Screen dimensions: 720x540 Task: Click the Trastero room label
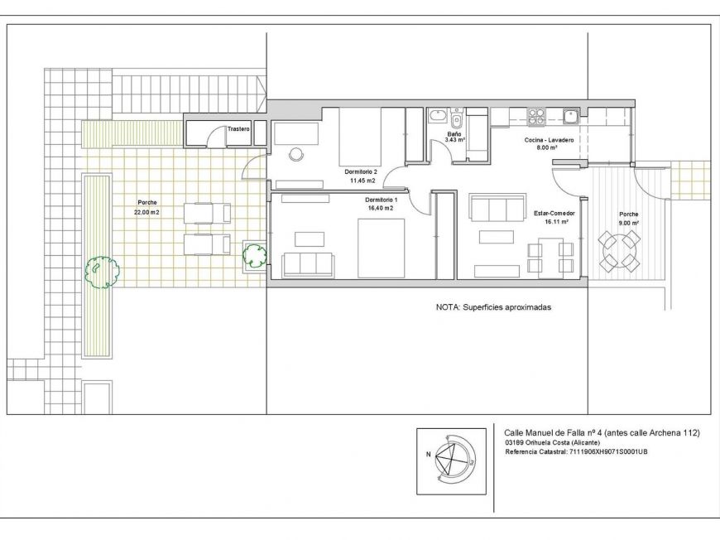(x=238, y=129)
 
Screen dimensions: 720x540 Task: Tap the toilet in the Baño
(x=457, y=119)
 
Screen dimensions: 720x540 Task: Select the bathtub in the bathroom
(x=438, y=115)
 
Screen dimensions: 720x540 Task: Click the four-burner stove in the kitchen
(x=535, y=117)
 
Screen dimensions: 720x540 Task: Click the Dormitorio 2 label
(x=361, y=172)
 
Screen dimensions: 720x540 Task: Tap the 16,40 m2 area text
(x=379, y=208)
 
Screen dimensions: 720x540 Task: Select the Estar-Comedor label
(x=554, y=213)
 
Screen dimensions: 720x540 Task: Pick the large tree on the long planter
(x=102, y=272)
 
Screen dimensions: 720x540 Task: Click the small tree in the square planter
(x=254, y=256)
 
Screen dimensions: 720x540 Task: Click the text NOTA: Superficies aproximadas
(x=493, y=307)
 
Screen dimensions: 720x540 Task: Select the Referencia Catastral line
(x=576, y=451)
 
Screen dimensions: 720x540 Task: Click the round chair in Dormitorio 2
(x=296, y=154)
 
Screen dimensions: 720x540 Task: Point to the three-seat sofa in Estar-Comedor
(x=497, y=208)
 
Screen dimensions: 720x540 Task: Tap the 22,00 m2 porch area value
(x=147, y=212)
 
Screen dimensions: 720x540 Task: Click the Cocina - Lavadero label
(x=550, y=140)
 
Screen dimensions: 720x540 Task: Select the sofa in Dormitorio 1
(x=308, y=265)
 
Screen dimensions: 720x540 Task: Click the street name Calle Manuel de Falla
(x=540, y=433)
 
